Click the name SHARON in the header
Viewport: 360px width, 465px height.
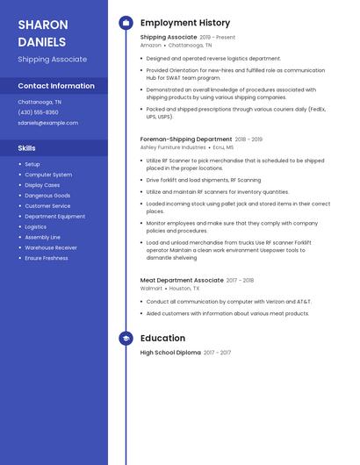[x=41, y=24]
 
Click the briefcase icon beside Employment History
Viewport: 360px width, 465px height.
[x=126, y=23]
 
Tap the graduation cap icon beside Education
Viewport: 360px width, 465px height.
[x=126, y=338]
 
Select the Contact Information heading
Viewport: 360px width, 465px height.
[x=56, y=86]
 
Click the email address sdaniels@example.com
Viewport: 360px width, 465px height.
[x=48, y=123]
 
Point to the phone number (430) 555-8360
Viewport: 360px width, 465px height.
[x=39, y=112]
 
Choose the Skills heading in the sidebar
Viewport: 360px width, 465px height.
[x=27, y=148]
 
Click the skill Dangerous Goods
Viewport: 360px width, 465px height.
[x=47, y=196]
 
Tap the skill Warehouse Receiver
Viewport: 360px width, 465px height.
[x=51, y=247]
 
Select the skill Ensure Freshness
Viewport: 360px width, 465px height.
[x=47, y=258]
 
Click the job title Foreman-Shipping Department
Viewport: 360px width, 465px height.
[x=186, y=139]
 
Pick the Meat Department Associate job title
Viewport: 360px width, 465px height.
[x=182, y=280]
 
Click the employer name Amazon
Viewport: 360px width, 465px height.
[x=151, y=45]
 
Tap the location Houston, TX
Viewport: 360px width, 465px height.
[x=184, y=288]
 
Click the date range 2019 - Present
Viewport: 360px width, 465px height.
[x=218, y=38]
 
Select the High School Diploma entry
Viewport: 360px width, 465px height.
[x=170, y=352]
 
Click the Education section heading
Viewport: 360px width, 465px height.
[x=162, y=338]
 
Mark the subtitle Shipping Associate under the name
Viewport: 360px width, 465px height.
[x=53, y=60]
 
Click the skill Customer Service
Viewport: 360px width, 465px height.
[x=47, y=206]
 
